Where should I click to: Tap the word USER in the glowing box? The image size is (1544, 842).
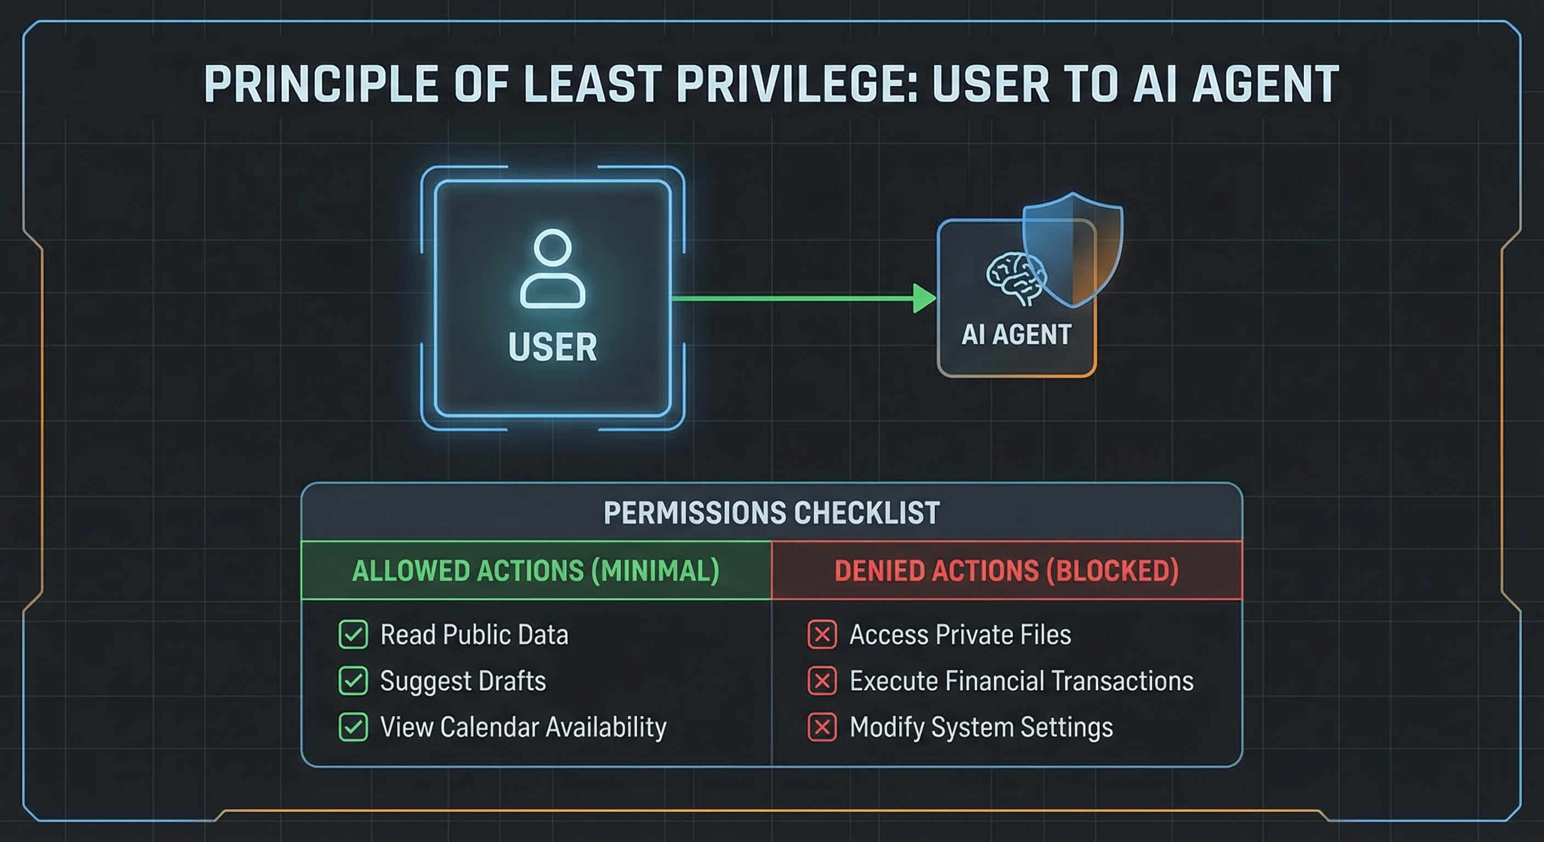552,347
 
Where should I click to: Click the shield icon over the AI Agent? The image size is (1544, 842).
1073,249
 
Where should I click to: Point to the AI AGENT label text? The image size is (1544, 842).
1017,334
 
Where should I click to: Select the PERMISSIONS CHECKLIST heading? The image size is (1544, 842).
771,513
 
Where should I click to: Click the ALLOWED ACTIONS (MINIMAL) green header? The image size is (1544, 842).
535,571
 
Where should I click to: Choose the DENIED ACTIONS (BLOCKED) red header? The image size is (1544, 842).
1006,571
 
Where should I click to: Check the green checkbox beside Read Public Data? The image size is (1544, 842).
353,635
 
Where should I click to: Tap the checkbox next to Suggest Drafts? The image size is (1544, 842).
353,681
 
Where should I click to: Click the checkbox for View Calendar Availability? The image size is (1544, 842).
353,727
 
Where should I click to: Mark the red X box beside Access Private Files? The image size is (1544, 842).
822,635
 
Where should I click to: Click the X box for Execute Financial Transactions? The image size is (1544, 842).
822,681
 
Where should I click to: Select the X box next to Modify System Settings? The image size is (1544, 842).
822,727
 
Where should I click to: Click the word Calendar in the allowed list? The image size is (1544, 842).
488,727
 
